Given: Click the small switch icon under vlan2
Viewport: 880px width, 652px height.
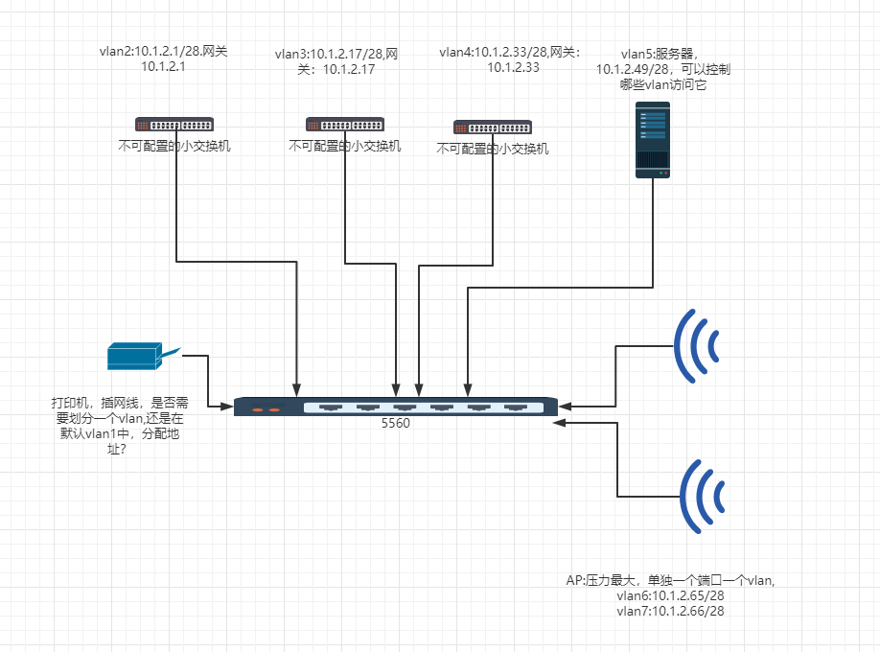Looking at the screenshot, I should click(x=174, y=124).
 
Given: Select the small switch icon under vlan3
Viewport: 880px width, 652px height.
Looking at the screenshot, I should click(x=345, y=124).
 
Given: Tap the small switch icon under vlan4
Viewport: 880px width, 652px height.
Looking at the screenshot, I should click(x=493, y=127).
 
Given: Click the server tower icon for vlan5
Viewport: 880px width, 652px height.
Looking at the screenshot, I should click(x=654, y=142).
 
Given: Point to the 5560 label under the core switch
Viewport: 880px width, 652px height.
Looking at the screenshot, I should click(x=396, y=423).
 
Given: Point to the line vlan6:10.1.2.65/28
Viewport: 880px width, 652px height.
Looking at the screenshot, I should click(x=671, y=595).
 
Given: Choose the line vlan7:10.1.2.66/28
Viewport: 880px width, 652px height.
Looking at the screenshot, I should click(x=671, y=610).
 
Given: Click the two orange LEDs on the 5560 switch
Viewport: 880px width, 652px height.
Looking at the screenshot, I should click(x=266, y=409).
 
